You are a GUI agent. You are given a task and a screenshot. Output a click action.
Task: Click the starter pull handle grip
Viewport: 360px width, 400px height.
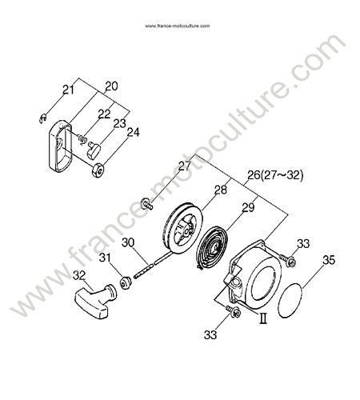[96, 301]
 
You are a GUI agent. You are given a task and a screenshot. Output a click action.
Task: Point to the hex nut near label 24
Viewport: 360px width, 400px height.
[98, 170]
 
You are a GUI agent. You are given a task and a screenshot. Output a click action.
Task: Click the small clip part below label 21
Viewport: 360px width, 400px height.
[42, 118]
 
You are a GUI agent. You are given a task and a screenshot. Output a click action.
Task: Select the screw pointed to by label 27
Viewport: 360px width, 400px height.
[147, 203]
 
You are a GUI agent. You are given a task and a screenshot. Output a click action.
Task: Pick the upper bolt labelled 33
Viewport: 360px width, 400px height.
[287, 260]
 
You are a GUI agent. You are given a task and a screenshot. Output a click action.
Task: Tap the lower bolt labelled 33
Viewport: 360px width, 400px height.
[233, 311]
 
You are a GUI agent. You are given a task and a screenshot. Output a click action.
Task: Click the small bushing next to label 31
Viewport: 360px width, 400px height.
[125, 282]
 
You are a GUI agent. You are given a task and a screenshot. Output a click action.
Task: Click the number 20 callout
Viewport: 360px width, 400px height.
[111, 86]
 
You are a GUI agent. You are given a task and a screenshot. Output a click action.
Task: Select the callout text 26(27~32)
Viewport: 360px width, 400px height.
[275, 175]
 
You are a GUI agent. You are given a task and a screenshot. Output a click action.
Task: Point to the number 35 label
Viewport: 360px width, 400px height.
[329, 260]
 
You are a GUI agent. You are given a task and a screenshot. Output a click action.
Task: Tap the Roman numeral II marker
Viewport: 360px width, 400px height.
[263, 318]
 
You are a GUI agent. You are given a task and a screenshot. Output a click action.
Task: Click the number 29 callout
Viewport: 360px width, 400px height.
[248, 208]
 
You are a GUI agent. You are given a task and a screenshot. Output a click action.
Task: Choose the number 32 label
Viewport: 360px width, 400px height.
[79, 276]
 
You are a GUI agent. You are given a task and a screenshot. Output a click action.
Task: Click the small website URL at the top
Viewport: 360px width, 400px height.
[178, 26]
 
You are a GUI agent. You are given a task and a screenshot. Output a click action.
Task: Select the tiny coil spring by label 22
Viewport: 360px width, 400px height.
[82, 138]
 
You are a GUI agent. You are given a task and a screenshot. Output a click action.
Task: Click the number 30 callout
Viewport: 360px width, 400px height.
[128, 242]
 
